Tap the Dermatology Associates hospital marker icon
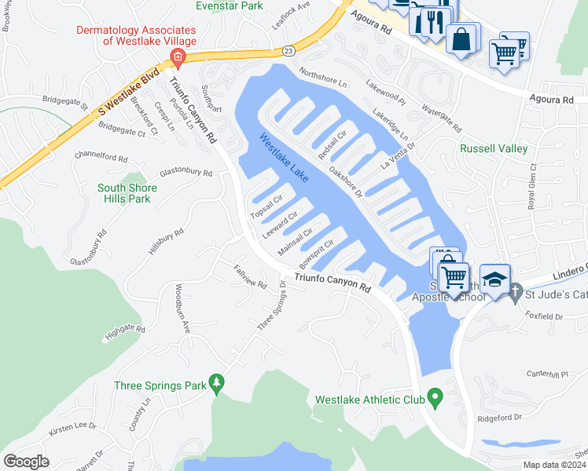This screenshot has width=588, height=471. (178, 57)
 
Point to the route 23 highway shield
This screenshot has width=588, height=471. (288, 50)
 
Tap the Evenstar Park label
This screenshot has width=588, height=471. (229, 5)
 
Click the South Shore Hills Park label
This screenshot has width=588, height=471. (127, 193)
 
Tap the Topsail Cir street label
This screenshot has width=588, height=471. (266, 205)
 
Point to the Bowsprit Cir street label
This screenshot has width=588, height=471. (317, 251)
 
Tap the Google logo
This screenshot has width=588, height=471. (26, 462)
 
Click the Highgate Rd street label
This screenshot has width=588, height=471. (124, 334)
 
